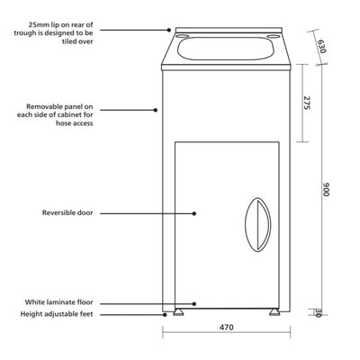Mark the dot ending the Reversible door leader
(x=195, y=213)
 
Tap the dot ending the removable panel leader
(x=156, y=112)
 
